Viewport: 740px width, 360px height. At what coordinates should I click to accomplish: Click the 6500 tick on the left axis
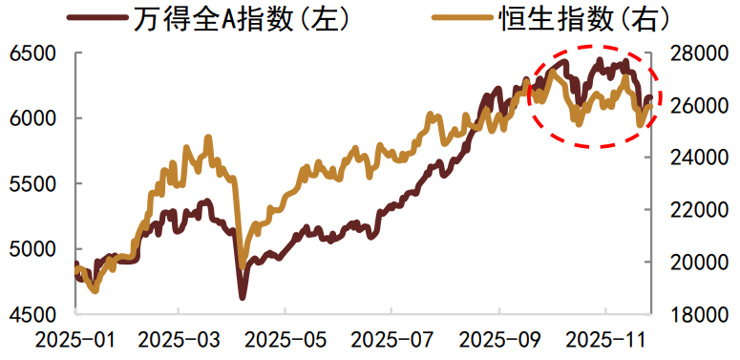(33, 53)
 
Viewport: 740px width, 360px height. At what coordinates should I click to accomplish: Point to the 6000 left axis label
(33, 118)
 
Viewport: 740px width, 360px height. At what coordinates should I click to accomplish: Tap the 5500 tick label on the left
(33, 183)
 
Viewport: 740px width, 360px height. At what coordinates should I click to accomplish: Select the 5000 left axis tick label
(33, 249)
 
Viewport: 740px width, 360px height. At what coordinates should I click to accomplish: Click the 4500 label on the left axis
(33, 314)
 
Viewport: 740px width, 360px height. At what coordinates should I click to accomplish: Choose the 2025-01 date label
(73, 339)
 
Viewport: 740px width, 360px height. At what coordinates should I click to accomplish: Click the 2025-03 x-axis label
(180, 339)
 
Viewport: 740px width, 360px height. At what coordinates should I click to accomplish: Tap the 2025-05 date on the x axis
(285, 339)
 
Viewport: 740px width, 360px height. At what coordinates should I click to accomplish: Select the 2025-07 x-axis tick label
(391, 339)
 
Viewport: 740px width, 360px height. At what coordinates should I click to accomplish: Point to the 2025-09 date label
(498, 339)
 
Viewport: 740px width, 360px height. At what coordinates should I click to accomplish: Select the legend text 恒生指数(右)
(583, 19)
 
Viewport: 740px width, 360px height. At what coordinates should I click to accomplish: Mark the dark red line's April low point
(243, 298)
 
